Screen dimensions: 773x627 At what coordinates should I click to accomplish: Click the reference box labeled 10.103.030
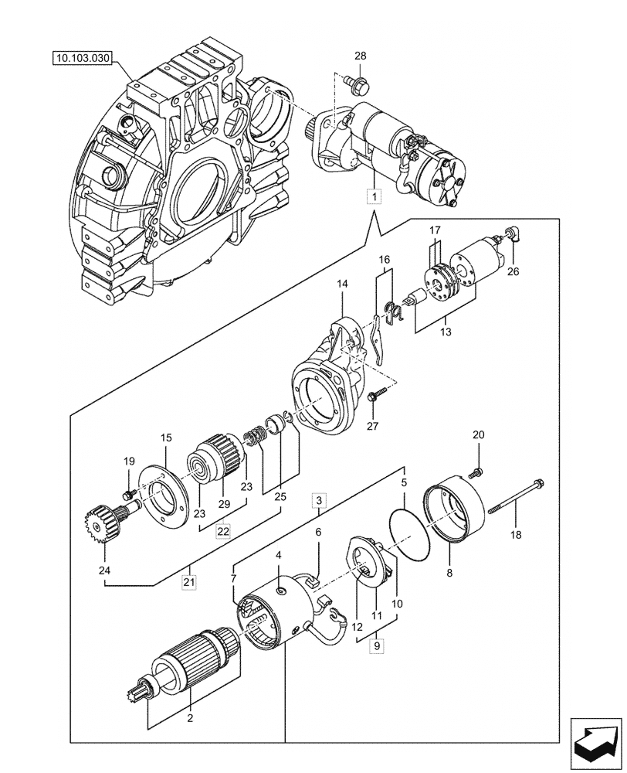click(x=83, y=58)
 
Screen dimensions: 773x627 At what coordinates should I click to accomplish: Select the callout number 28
click(x=361, y=56)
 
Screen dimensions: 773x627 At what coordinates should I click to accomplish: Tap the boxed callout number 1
click(x=374, y=197)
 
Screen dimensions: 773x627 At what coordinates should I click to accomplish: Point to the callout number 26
click(x=513, y=271)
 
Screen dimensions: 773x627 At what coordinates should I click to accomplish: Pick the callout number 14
click(x=342, y=285)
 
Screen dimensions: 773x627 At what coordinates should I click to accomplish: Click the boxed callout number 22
click(x=223, y=531)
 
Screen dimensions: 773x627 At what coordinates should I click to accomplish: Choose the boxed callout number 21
click(x=188, y=581)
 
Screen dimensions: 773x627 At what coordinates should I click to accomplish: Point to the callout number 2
click(x=189, y=717)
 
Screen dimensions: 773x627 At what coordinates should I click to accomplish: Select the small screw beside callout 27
click(x=376, y=396)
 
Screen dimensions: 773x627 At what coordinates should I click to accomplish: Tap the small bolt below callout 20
click(x=477, y=471)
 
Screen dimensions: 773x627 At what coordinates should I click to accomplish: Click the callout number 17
click(x=435, y=230)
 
